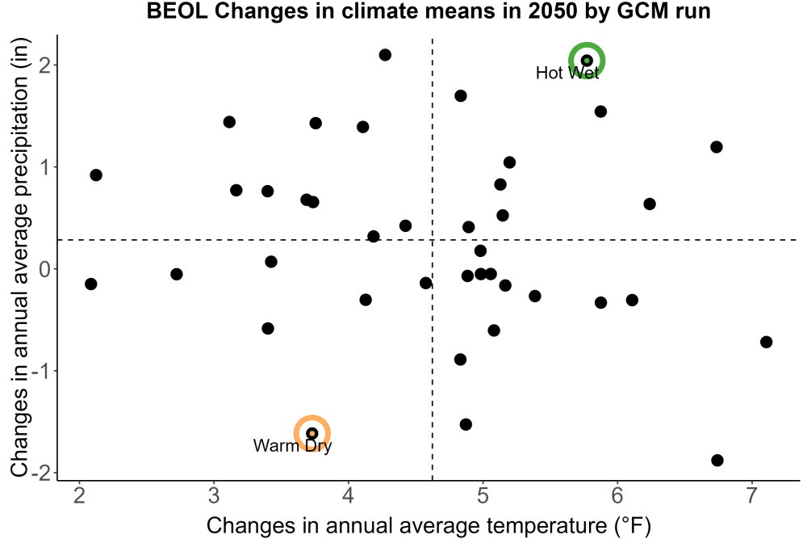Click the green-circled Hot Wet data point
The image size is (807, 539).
(x=587, y=61)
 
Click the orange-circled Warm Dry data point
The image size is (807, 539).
(x=312, y=433)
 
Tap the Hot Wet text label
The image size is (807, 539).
(x=567, y=74)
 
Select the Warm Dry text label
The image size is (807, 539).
(x=292, y=446)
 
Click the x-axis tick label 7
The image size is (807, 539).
(x=751, y=495)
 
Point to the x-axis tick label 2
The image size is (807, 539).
(x=79, y=495)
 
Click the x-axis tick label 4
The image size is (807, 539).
(x=349, y=495)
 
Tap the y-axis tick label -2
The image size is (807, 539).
(x=41, y=473)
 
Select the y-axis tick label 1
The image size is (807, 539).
(x=46, y=167)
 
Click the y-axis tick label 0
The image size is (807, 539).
(x=46, y=269)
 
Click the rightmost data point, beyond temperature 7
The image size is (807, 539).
(x=767, y=342)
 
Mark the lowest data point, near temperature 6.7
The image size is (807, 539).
(x=717, y=460)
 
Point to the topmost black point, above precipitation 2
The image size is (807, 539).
(x=385, y=55)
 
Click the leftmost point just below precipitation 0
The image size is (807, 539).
(x=90, y=284)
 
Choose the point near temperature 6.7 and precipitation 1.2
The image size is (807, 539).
(x=717, y=147)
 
